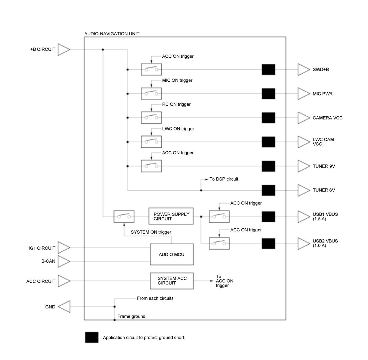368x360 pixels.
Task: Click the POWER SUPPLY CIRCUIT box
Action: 171,216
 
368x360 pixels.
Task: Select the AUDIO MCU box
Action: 172,254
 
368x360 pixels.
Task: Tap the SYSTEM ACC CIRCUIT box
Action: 172,281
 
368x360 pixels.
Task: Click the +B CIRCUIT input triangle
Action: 64,50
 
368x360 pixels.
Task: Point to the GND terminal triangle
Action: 64,307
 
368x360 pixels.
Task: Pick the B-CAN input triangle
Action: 64,261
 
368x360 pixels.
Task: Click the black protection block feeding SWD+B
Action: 268,69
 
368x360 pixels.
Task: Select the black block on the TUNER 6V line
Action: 268,190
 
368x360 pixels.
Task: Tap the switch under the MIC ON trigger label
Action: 151,94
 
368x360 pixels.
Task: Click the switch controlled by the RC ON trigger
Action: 151,118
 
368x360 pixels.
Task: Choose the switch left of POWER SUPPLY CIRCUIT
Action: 124,217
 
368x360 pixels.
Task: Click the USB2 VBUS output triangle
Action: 304,244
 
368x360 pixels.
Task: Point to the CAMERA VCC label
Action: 327,118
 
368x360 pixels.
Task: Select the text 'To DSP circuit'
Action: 224,179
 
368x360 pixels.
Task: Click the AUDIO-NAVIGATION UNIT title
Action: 112,34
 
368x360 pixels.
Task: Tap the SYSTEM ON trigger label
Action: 151,232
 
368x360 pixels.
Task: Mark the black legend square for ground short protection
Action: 91,337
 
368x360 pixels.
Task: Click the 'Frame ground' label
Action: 131,316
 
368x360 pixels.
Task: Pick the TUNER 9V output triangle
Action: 304,166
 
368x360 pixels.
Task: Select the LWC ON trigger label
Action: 178,129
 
